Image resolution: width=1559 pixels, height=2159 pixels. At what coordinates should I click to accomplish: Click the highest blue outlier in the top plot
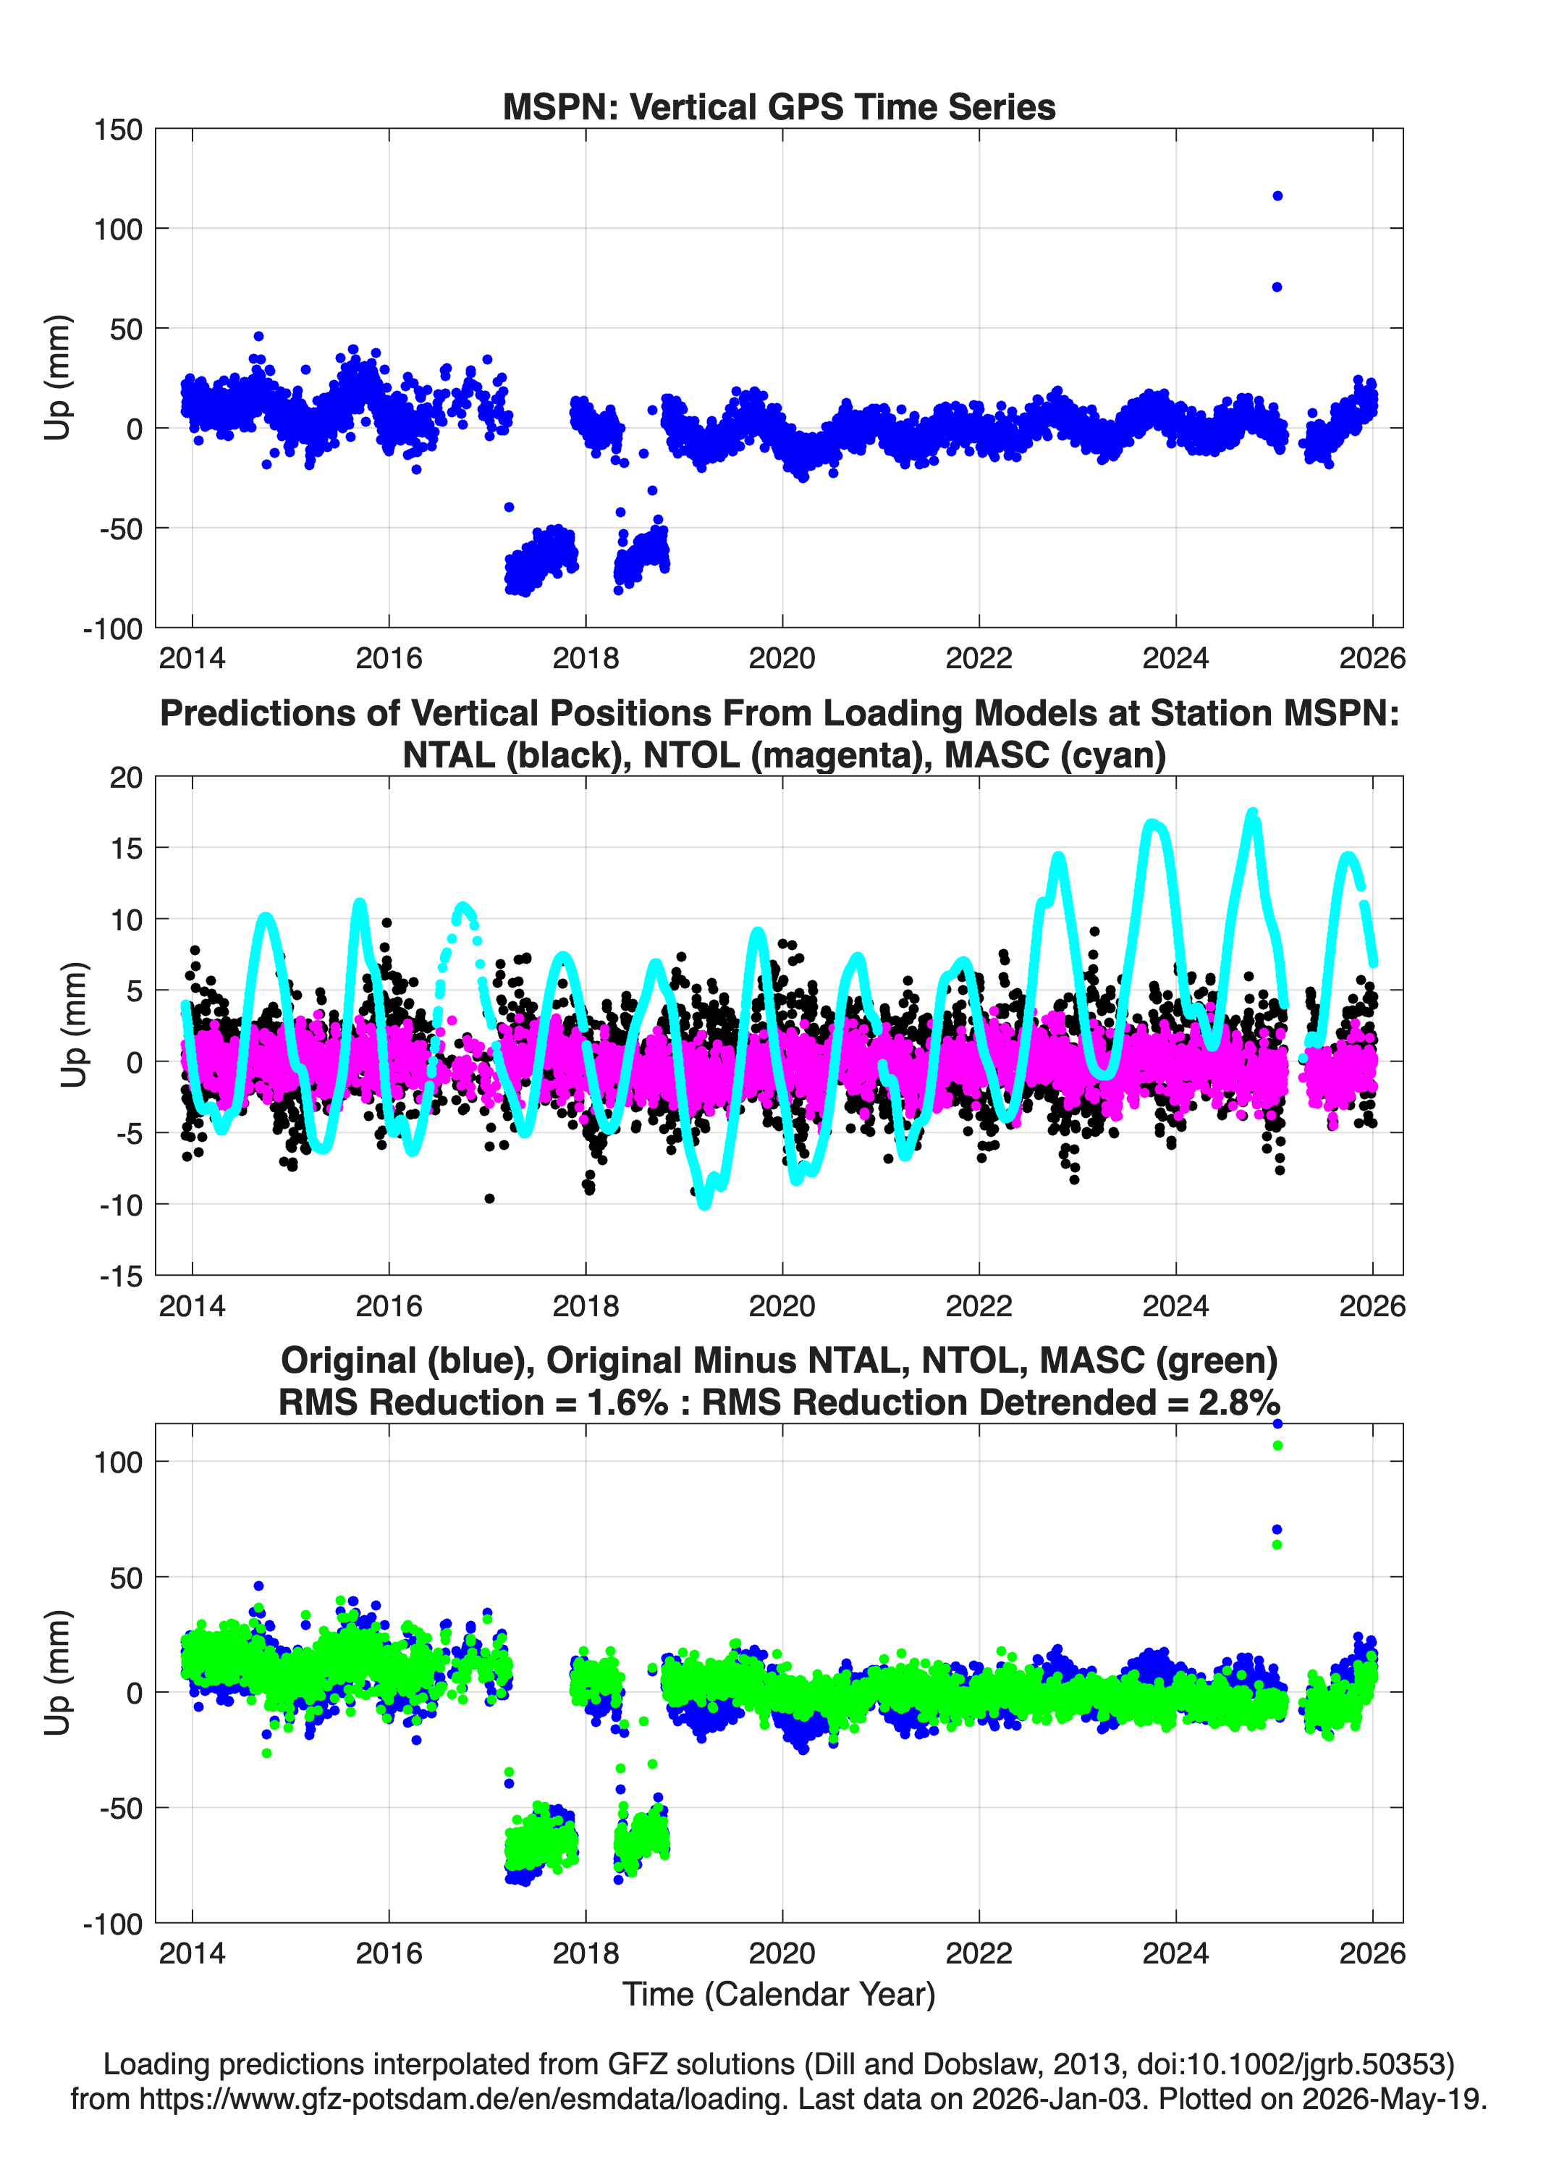(x=1277, y=196)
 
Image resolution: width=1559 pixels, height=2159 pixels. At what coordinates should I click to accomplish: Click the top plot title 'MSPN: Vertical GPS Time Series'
(x=779, y=106)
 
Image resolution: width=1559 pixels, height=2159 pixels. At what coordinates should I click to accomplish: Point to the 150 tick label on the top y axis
(x=118, y=130)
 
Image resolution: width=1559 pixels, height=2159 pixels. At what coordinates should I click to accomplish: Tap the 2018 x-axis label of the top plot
(x=586, y=658)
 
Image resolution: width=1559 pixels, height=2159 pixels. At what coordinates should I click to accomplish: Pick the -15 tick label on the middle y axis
(x=122, y=1276)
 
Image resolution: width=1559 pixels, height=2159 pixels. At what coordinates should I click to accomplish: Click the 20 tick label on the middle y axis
(x=127, y=777)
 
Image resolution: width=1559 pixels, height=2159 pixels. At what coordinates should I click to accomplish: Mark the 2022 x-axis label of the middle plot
(x=979, y=1305)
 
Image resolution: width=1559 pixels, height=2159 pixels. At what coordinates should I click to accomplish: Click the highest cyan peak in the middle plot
(x=1253, y=814)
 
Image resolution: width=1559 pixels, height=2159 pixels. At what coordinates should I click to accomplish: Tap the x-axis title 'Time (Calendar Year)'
(x=779, y=1995)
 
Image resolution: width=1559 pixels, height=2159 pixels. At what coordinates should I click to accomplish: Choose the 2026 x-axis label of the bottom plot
(x=1372, y=1953)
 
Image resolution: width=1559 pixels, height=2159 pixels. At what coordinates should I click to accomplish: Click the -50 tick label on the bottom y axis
(x=122, y=1809)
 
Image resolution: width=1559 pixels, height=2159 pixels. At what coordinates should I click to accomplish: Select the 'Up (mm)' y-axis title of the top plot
(x=57, y=377)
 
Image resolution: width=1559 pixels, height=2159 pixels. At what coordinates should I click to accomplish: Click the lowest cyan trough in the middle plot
(x=704, y=1203)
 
